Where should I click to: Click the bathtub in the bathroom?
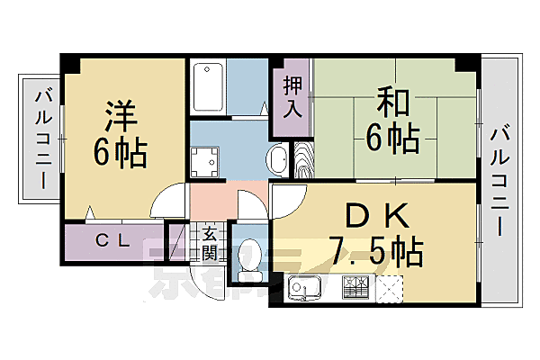[208, 86]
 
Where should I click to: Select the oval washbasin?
[278, 162]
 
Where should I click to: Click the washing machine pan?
[205, 163]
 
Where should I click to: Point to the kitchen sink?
[307, 290]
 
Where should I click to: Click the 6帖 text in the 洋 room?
[120, 154]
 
